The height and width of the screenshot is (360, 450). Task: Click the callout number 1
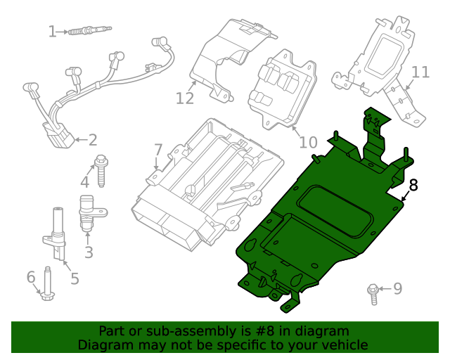[52, 31]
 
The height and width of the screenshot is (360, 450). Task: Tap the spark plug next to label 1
[88, 31]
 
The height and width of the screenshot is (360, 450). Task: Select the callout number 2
[92, 140]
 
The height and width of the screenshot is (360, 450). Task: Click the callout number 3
[89, 251]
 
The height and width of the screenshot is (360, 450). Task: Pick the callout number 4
[84, 181]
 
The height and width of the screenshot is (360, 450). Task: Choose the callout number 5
[74, 278]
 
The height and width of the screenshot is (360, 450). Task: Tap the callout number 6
[31, 278]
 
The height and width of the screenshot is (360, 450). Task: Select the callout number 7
[158, 150]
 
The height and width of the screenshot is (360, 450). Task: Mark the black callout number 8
[413, 186]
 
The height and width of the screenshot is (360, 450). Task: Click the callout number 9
[397, 288]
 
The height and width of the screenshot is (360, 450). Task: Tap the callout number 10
[308, 143]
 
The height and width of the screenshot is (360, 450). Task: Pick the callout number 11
[420, 72]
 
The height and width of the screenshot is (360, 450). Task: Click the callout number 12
[184, 98]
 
